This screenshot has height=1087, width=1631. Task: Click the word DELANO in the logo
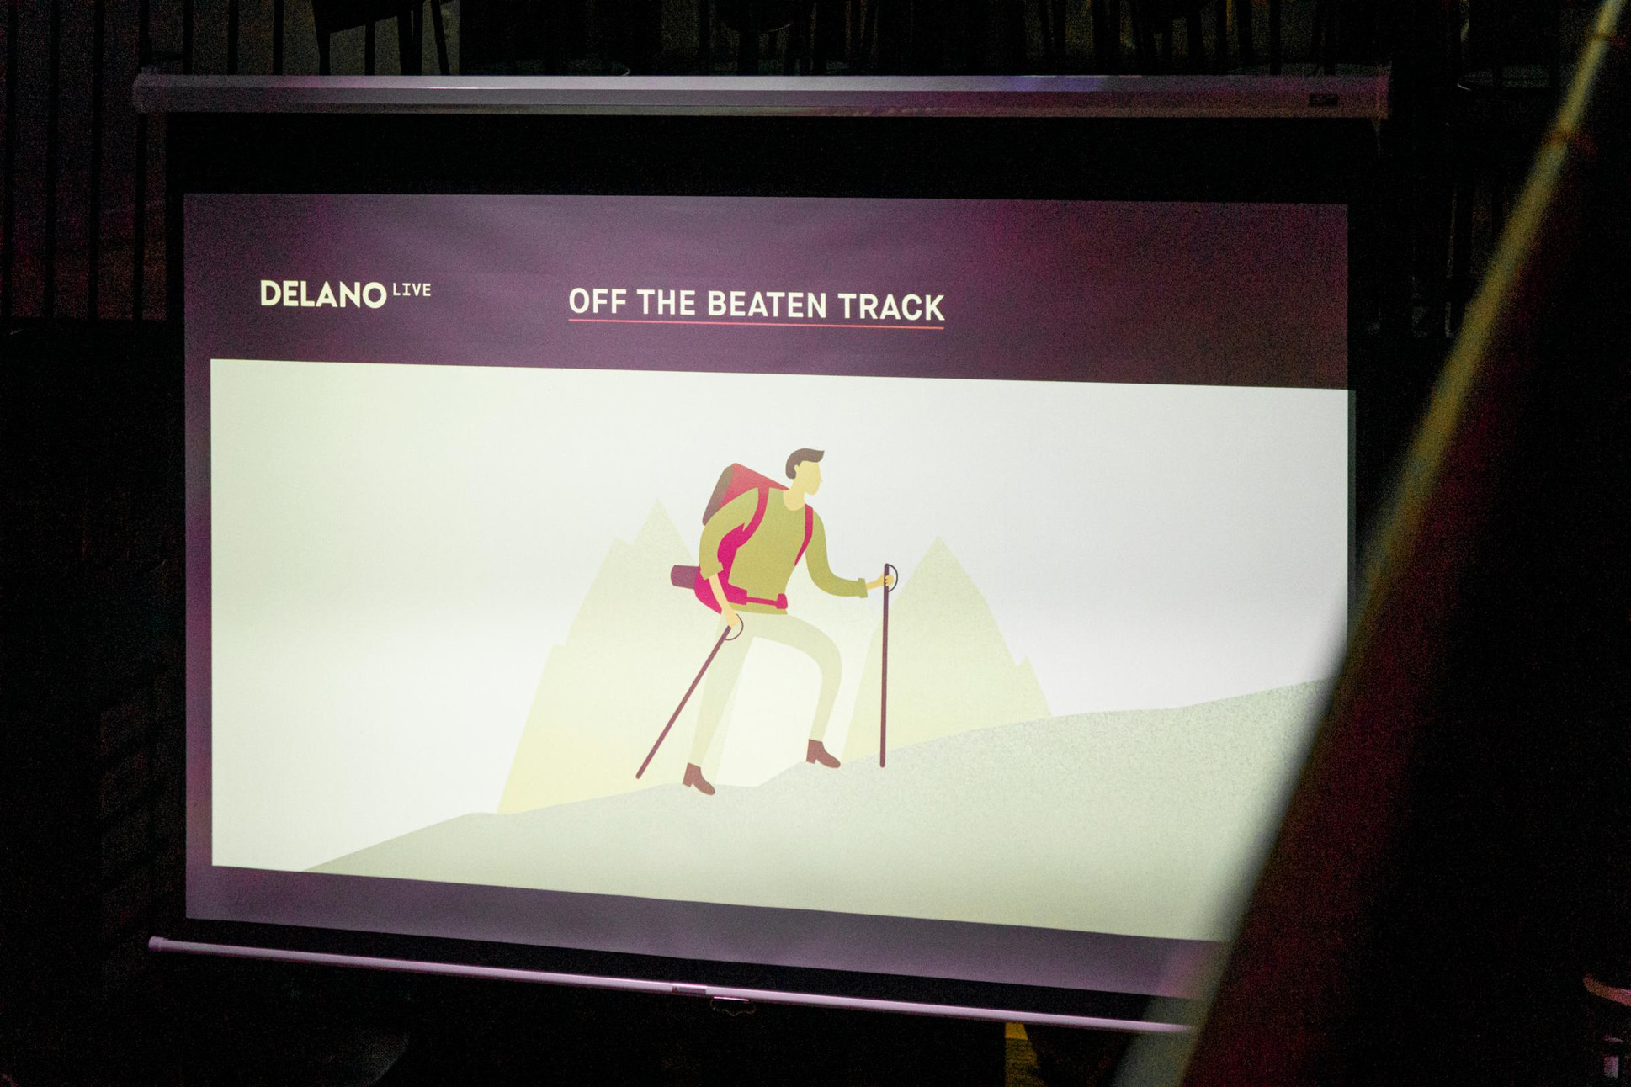[323, 294]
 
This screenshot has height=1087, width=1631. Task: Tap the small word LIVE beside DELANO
[412, 290]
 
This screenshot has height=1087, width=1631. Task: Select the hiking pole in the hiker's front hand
[885, 665]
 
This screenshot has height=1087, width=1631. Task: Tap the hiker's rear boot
[698, 779]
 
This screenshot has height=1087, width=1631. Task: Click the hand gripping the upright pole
[880, 581]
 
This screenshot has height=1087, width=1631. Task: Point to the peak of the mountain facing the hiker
[938, 538]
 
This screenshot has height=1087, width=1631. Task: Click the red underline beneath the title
[757, 323]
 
